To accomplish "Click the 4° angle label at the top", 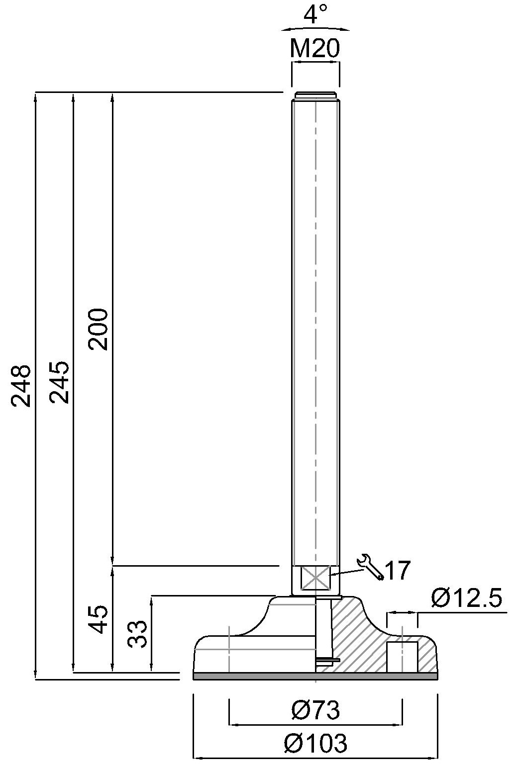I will point(315,14).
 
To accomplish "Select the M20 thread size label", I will point(315,49).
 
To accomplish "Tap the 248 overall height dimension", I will point(22,386).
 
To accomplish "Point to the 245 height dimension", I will point(59,383).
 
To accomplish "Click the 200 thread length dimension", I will point(98,329).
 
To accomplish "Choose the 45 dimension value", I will point(98,619).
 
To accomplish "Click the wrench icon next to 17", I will point(371,566).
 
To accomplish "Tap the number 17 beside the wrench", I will point(398,571).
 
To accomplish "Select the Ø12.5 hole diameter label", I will point(467,598).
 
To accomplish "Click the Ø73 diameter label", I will point(315,710).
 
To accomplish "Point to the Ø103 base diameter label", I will point(315,744).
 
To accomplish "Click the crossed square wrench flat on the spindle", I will point(315,578).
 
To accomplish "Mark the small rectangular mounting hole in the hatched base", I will point(402,657).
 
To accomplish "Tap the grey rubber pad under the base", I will point(315,676).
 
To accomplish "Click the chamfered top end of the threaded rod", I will point(315,95).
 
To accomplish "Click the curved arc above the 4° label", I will point(315,28).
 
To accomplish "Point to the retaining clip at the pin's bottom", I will point(327,660).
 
